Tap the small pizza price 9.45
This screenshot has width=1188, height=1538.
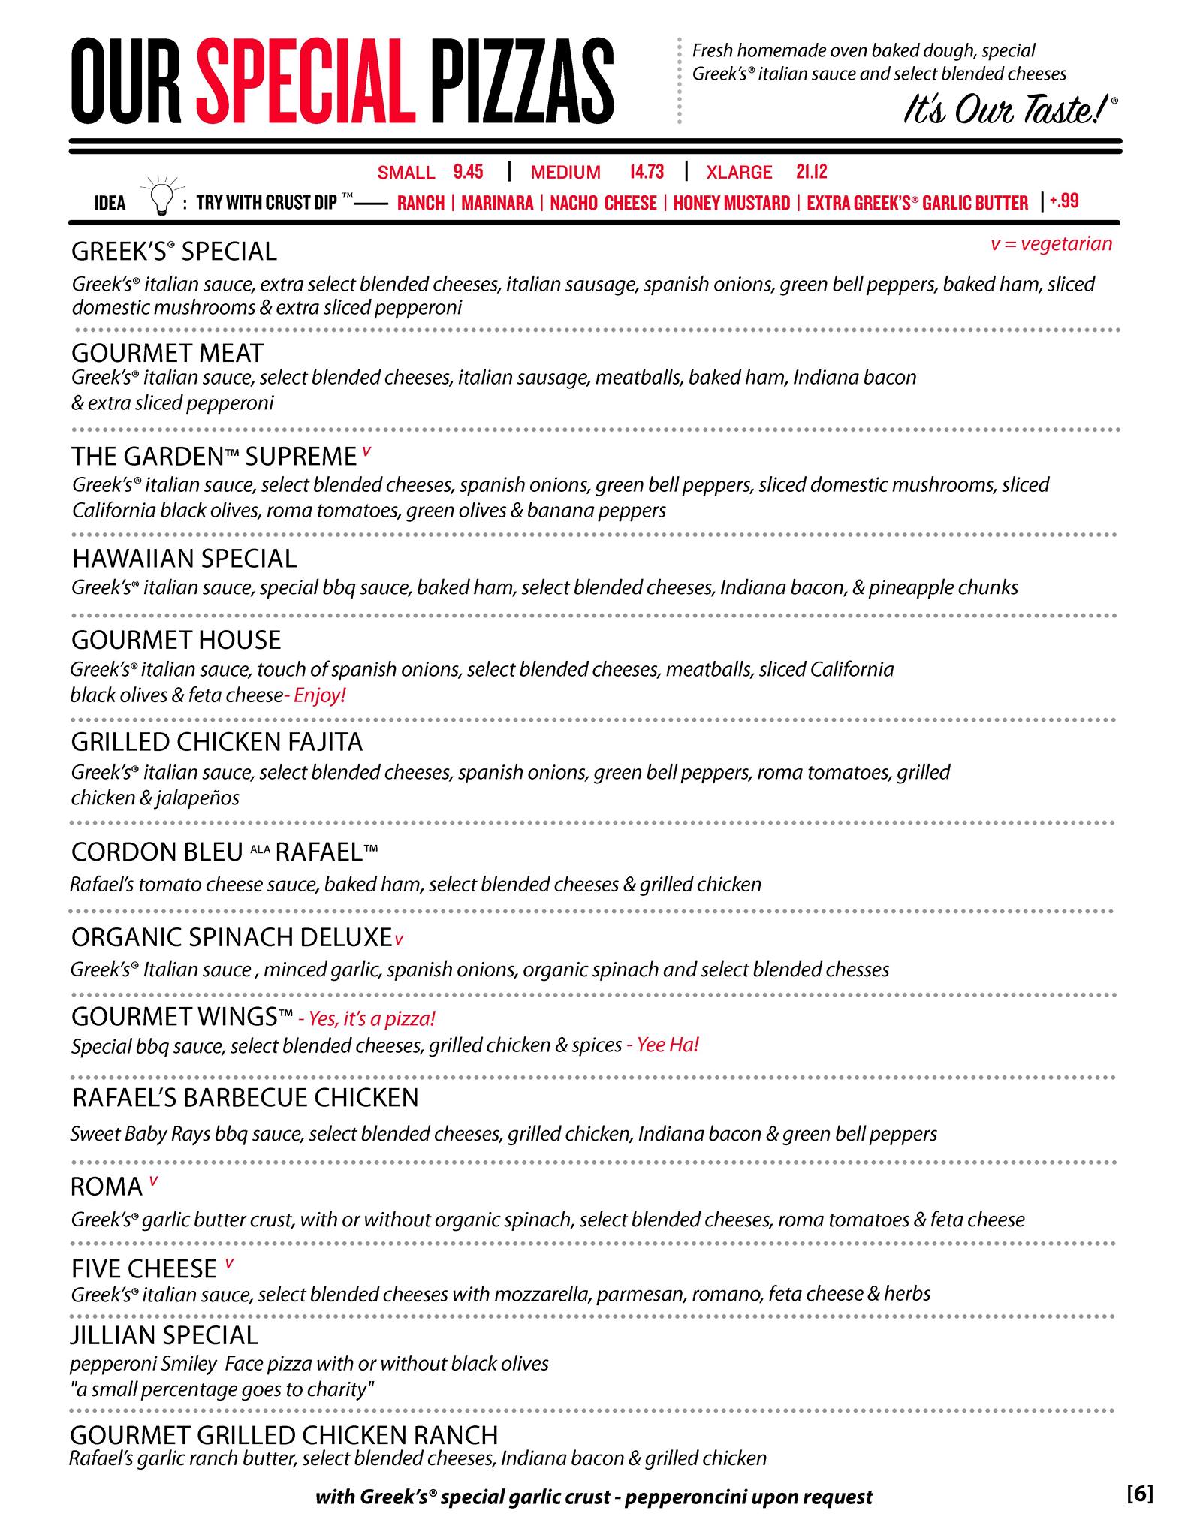468,172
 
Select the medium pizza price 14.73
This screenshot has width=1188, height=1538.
647,172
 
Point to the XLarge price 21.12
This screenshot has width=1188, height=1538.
812,172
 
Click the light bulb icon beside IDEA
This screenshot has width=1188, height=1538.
160,197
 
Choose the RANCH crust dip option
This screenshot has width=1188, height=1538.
421,203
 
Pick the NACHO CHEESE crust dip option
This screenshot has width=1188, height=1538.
603,203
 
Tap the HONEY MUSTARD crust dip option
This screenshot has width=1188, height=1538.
731,203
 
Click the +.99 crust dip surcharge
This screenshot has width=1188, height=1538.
1064,201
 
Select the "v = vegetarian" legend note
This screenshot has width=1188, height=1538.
1051,244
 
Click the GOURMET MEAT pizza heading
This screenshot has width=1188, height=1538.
167,353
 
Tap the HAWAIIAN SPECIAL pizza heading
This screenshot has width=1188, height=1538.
185,559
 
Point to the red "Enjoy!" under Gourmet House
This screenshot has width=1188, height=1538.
318,695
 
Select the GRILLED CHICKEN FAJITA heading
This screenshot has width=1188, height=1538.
217,742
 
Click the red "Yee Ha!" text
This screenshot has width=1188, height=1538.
668,1045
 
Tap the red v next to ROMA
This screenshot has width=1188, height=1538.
153,1181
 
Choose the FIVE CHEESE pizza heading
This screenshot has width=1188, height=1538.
144,1269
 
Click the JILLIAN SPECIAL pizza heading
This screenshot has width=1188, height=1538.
164,1335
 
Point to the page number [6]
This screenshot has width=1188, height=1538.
1140,1494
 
